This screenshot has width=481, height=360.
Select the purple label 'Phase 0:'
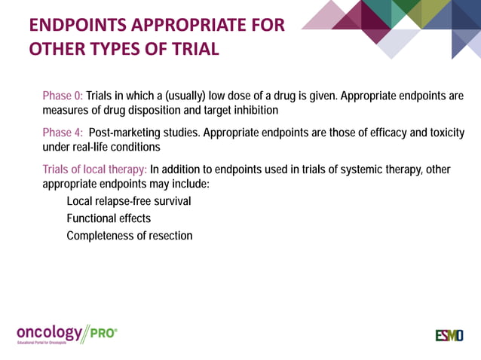pos(63,96)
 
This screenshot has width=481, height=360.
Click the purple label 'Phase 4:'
pos(63,133)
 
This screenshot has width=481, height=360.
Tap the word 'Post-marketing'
pos(127,133)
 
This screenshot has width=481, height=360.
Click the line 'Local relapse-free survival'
pos(128,201)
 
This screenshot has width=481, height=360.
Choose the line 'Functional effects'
pos(109,218)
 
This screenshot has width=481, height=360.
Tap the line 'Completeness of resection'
pos(129,236)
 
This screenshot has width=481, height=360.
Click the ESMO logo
pos(449,334)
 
